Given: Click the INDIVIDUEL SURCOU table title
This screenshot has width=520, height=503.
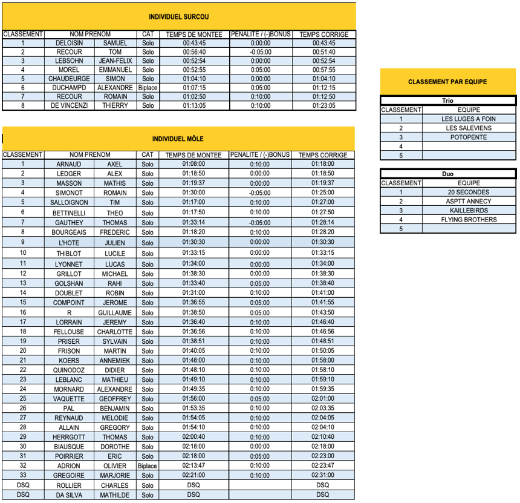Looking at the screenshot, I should (x=179, y=17).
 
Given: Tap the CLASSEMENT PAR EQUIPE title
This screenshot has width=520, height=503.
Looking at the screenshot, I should (x=447, y=82).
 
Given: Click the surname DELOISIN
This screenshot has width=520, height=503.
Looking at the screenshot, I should (x=69, y=44).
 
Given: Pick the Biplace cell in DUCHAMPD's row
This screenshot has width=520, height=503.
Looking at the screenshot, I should (x=148, y=87).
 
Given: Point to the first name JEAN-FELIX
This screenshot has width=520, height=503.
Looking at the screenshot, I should (x=115, y=61).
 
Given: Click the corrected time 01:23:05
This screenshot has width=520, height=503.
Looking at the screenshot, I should (x=323, y=105).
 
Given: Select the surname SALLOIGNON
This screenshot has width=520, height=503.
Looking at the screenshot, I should (x=69, y=202).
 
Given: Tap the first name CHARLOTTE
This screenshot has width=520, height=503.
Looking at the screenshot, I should (x=114, y=332).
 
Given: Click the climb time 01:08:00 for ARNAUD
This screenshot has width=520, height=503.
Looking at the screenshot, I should (x=193, y=164).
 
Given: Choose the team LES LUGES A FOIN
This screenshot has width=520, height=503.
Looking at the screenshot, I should (x=469, y=119).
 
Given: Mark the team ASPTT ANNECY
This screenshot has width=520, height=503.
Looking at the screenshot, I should (x=469, y=202).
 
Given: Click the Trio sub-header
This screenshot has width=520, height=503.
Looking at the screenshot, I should (x=447, y=101).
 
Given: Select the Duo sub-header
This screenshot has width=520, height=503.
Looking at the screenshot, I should (x=447, y=174).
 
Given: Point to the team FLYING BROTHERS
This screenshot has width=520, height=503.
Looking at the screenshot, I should (x=469, y=220).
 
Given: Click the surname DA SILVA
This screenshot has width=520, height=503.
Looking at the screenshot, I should (x=69, y=495).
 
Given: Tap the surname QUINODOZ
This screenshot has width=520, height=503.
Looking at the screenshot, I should (x=69, y=370).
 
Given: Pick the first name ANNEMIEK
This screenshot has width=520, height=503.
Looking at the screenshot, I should (x=114, y=360).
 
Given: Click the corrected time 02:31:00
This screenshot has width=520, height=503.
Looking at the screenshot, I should (x=323, y=476).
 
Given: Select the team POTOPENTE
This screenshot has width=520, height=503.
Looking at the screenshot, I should (x=469, y=137).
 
